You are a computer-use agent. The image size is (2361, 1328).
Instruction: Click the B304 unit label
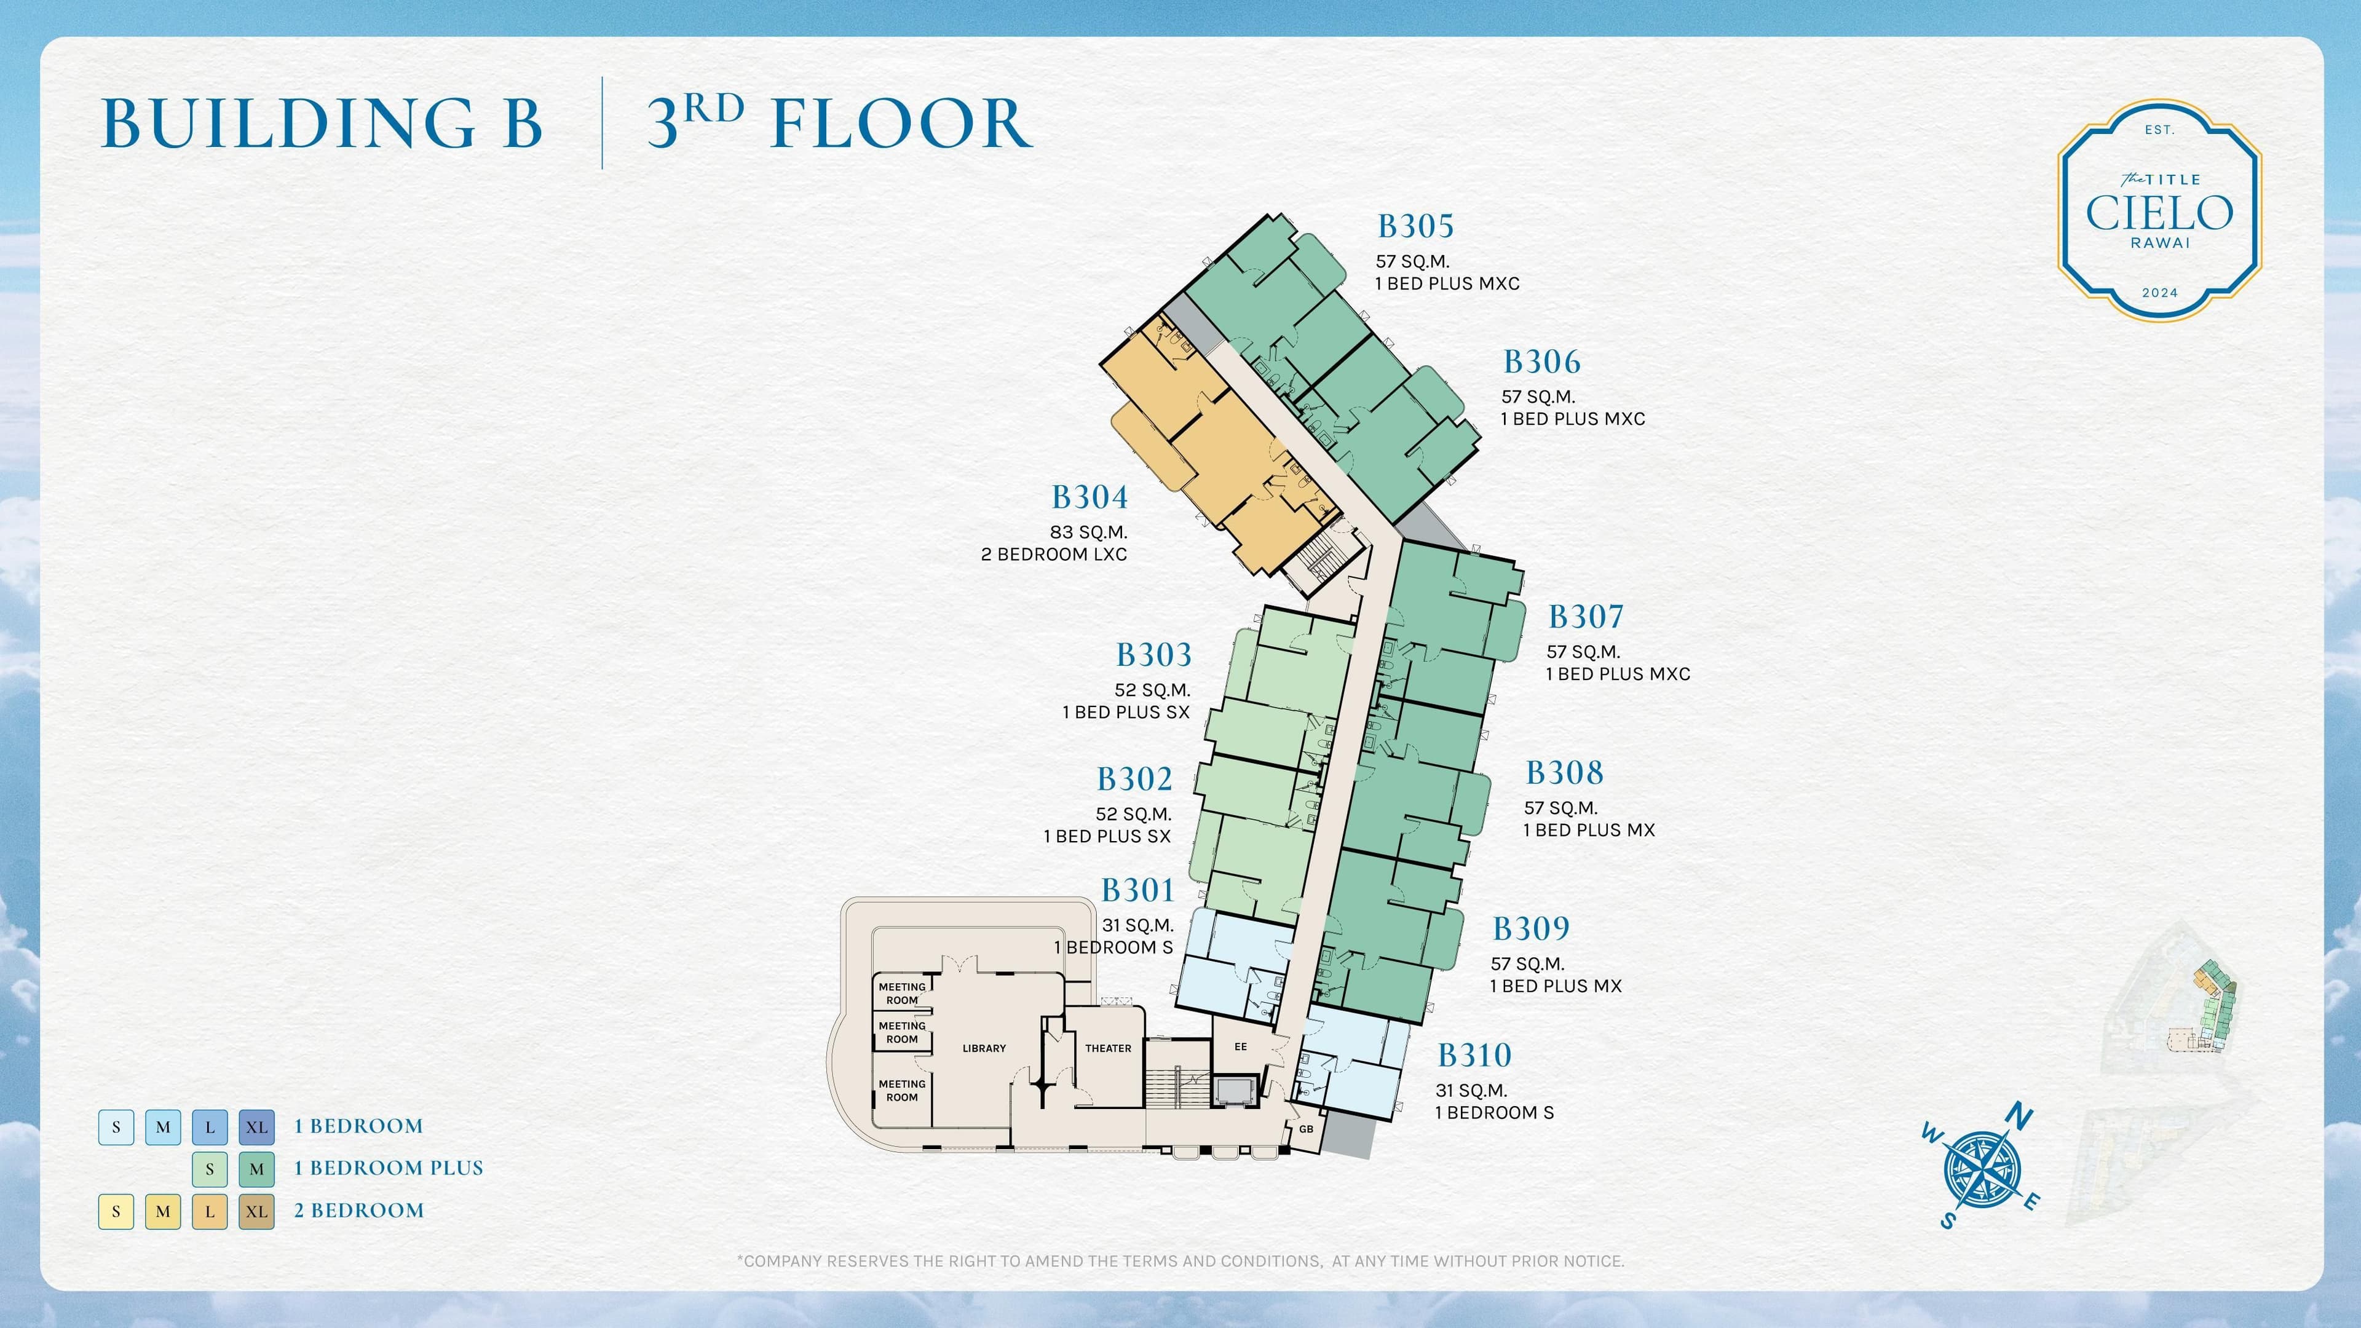pyautogui.click(x=1089, y=497)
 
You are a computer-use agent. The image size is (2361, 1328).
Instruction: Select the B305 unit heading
pyautogui.click(x=1415, y=226)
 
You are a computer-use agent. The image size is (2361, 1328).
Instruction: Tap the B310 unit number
pyautogui.click(x=1474, y=1056)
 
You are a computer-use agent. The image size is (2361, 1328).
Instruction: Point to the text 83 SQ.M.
pyautogui.click(x=1089, y=532)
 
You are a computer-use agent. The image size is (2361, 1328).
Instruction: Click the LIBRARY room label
pyautogui.click(x=984, y=1048)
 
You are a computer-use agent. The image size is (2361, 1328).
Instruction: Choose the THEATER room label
pyautogui.click(x=1108, y=1048)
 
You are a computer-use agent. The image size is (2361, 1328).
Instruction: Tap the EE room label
pyautogui.click(x=1240, y=1046)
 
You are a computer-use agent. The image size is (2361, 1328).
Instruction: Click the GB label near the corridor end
pyautogui.click(x=1306, y=1129)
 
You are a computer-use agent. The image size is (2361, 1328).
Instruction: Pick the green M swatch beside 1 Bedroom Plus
pyautogui.click(x=256, y=1169)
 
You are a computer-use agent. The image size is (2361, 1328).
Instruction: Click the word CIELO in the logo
pyautogui.click(x=2159, y=213)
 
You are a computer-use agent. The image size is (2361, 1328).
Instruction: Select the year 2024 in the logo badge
pyautogui.click(x=2159, y=293)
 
